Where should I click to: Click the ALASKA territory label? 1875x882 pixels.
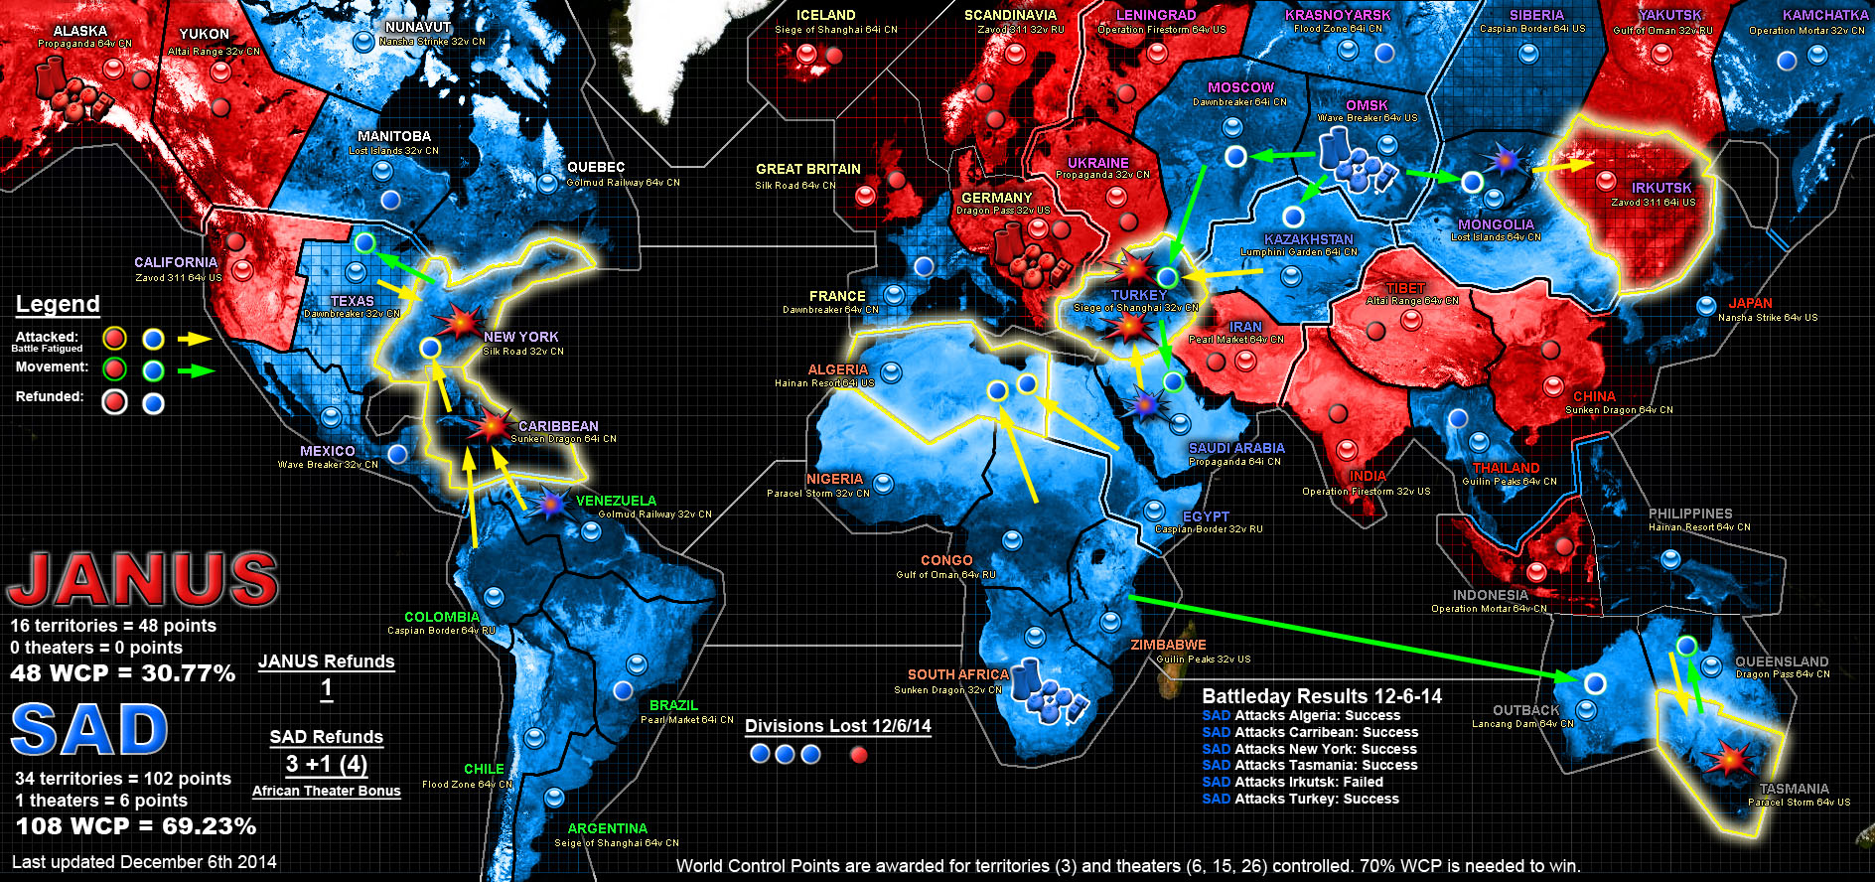[x=79, y=31]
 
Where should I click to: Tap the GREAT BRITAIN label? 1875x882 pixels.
[x=807, y=169]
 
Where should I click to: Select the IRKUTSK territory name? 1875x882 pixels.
[x=1660, y=188]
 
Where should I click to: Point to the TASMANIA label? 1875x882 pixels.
[x=1794, y=789]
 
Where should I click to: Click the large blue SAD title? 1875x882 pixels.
[x=89, y=731]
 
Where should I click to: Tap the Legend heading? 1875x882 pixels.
[x=58, y=304]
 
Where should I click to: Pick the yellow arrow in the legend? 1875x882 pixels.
[x=195, y=339]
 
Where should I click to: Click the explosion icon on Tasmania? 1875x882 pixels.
[x=1729, y=760]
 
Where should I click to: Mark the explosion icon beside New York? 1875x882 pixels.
[x=460, y=322]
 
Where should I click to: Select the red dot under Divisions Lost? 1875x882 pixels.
[x=859, y=755]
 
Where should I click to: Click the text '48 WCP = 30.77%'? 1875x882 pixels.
[x=123, y=673]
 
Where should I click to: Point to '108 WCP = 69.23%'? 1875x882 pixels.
[x=136, y=826]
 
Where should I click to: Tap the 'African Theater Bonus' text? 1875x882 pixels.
[x=326, y=791]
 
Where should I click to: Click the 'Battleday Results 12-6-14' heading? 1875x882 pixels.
[x=1322, y=696]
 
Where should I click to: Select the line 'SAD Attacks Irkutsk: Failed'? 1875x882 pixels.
[x=1292, y=782]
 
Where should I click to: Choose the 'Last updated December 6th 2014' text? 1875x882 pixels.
[x=144, y=862]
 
